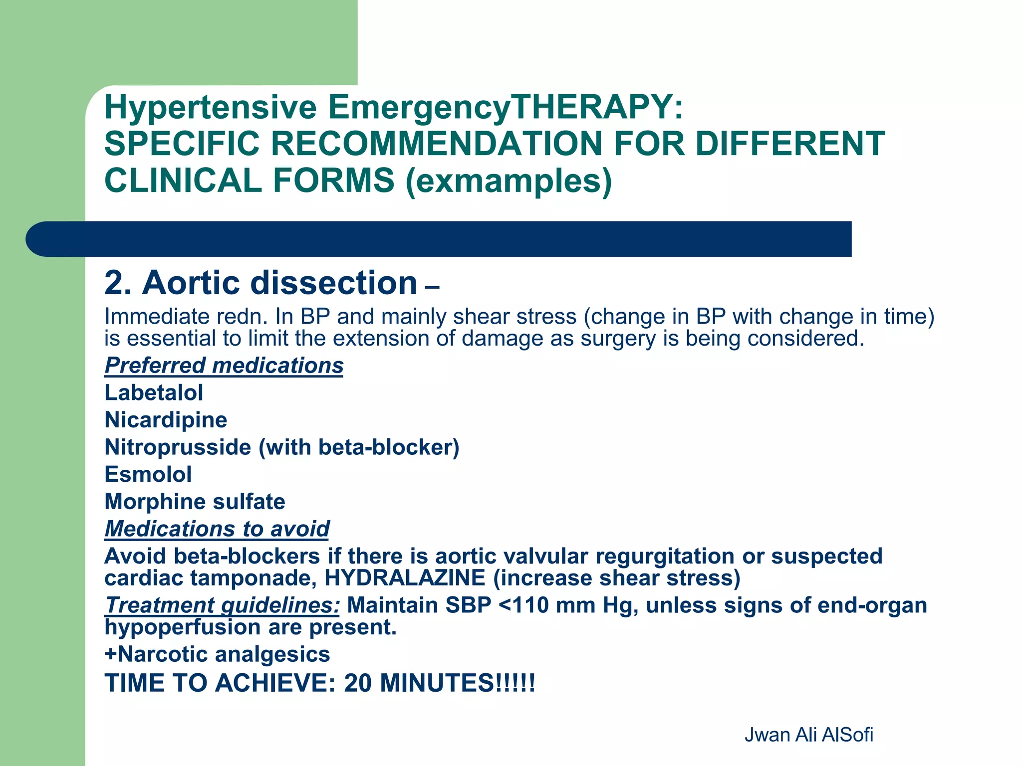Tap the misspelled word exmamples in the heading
click(x=509, y=181)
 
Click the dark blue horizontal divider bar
click(x=439, y=239)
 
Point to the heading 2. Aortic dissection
click(x=260, y=283)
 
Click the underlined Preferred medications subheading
click(x=224, y=366)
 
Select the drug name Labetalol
click(x=154, y=392)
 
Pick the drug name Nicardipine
click(x=166, y=420)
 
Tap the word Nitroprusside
click(x=178, y=447)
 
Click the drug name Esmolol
click(x=148, y=474)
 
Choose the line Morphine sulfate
click(x=195, y=502)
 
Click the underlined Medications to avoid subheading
click(x=217, y=529)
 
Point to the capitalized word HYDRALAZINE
click(x=405, y=578)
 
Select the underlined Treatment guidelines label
click(x=222, y=605)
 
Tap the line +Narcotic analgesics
click(x=217, y=654)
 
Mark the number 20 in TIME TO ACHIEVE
click(x=358, y=683)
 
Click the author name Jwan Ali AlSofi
click(x=808, y=735)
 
